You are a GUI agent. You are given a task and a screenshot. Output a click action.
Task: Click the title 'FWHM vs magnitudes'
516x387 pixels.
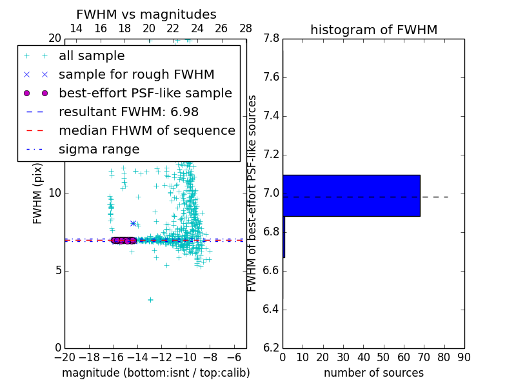[x=146, y=15]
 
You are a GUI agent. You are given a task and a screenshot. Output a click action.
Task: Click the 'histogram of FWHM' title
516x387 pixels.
[x=373, y=30]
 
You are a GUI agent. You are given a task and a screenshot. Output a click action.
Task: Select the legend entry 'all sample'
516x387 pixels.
[x=92, y=56]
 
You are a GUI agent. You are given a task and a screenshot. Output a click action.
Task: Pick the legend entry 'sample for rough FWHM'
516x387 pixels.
[x=136, y=75]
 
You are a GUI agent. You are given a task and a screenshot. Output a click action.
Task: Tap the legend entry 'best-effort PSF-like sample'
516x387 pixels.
[x=145, y=94]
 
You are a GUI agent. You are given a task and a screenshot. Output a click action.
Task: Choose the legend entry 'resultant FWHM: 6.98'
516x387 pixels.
[x=128, y=112]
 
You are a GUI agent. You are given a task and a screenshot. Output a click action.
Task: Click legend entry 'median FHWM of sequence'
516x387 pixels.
[x=146, y=131]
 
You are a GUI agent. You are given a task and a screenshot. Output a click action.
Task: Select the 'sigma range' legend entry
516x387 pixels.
[x=99, y=150]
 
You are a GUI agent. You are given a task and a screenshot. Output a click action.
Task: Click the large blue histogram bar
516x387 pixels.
[x=352, y=195]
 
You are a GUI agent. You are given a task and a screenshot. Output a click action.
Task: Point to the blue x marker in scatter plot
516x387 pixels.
[x=133, y=223]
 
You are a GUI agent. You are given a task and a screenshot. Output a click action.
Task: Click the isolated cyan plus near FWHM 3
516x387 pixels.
[x=150, y=299]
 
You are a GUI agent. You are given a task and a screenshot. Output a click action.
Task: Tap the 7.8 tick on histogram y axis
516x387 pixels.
[x=271, y=39]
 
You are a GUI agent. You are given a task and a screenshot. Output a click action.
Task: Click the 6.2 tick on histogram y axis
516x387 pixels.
[x=271, y=348]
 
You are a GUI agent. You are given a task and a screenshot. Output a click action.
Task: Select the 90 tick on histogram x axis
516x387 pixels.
[x=464, y=357]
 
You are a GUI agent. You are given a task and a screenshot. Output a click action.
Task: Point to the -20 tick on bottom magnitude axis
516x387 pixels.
[x=64, y=357]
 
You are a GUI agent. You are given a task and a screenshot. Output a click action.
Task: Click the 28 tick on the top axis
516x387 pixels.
[x=246, y=28]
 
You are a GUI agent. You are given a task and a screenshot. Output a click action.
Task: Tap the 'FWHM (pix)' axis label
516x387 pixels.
[x=38, y=194]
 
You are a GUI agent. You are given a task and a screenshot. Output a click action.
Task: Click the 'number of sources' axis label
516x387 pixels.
[x=373, y=373]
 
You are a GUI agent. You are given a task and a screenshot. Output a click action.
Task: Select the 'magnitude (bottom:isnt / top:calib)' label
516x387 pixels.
[x=155, y=373]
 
